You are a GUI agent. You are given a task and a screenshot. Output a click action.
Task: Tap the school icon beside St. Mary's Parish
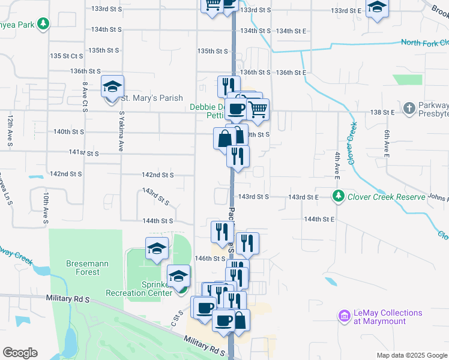coord(112,88)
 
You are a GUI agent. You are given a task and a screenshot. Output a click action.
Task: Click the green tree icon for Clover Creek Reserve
coord(339,196)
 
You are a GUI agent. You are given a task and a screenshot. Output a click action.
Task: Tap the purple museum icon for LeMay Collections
coord(344,316)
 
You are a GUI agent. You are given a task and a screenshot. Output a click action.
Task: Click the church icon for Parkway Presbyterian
coord(409,109)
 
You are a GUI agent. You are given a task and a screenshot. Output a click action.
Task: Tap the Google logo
coord(20,353)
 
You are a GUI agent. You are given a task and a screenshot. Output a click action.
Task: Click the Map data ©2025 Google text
coord(411,355)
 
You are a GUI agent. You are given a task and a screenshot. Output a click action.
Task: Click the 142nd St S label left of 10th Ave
coord(65,174)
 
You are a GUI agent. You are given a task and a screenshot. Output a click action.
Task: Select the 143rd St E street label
coord(303,197)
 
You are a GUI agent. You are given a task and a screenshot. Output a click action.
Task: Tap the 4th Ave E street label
coord(338,162)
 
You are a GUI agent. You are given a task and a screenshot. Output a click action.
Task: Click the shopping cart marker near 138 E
coord(258,109)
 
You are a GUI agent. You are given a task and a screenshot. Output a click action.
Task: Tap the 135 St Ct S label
coord(67,56)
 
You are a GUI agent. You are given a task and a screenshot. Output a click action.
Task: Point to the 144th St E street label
coord(319,220)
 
